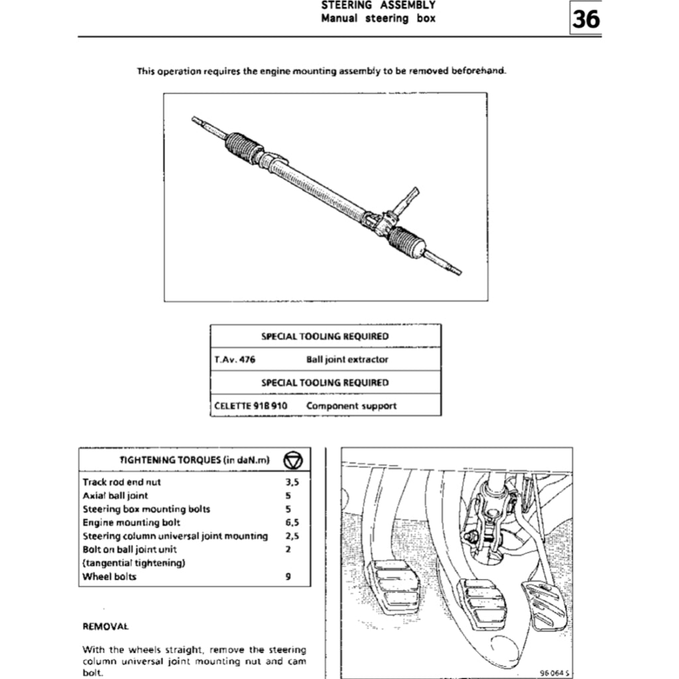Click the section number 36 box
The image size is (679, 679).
tap(586, 19)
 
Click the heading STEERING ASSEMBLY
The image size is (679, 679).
tap(378, 5)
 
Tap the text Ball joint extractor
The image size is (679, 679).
tap(347, 359)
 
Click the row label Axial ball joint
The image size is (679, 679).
tap(115, 495)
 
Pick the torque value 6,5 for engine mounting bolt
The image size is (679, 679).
tap(292, 523)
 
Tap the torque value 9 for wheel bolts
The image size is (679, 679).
tap(288, 576)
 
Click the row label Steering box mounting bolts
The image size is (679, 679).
tap(147, 509)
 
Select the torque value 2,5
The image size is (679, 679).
tap(292, 536)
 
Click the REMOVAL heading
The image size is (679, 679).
tap(105, 625)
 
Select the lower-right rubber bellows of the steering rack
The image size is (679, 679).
tap(406, 241)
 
